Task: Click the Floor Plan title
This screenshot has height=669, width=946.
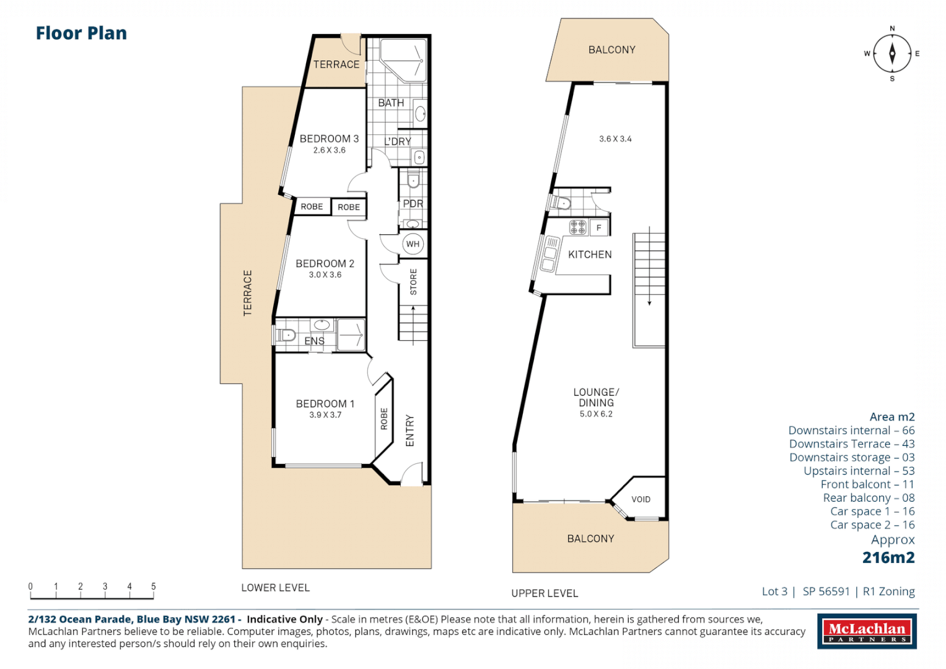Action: (81, 33)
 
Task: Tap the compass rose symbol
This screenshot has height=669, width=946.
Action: (892, 54)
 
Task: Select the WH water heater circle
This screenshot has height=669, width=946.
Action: (413, 244)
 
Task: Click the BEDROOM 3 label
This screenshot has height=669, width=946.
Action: (329, 139)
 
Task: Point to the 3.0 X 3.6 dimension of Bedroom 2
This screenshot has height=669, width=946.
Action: (325, 275)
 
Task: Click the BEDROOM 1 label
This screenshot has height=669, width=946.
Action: (325, 404)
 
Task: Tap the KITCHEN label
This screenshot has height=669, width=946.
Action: (590, 255)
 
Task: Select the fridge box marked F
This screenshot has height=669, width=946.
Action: (599, 228)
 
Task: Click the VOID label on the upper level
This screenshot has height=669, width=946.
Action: (641, 499)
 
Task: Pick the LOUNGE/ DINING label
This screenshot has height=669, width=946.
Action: (596, 397)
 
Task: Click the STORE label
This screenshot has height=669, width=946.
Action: (413, 282)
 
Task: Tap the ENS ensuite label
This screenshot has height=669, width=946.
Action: (314, 341)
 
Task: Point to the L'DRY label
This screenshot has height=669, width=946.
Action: (397, 142)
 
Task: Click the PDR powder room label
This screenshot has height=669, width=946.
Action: (413, 204)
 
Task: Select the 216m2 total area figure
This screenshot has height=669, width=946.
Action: (888, 557)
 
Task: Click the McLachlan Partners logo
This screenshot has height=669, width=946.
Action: (867, 631)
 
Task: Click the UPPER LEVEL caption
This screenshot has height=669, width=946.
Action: (545, 593)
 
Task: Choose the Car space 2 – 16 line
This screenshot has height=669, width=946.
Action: (872, 525)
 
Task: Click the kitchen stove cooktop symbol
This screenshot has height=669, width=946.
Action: (577, 227)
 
